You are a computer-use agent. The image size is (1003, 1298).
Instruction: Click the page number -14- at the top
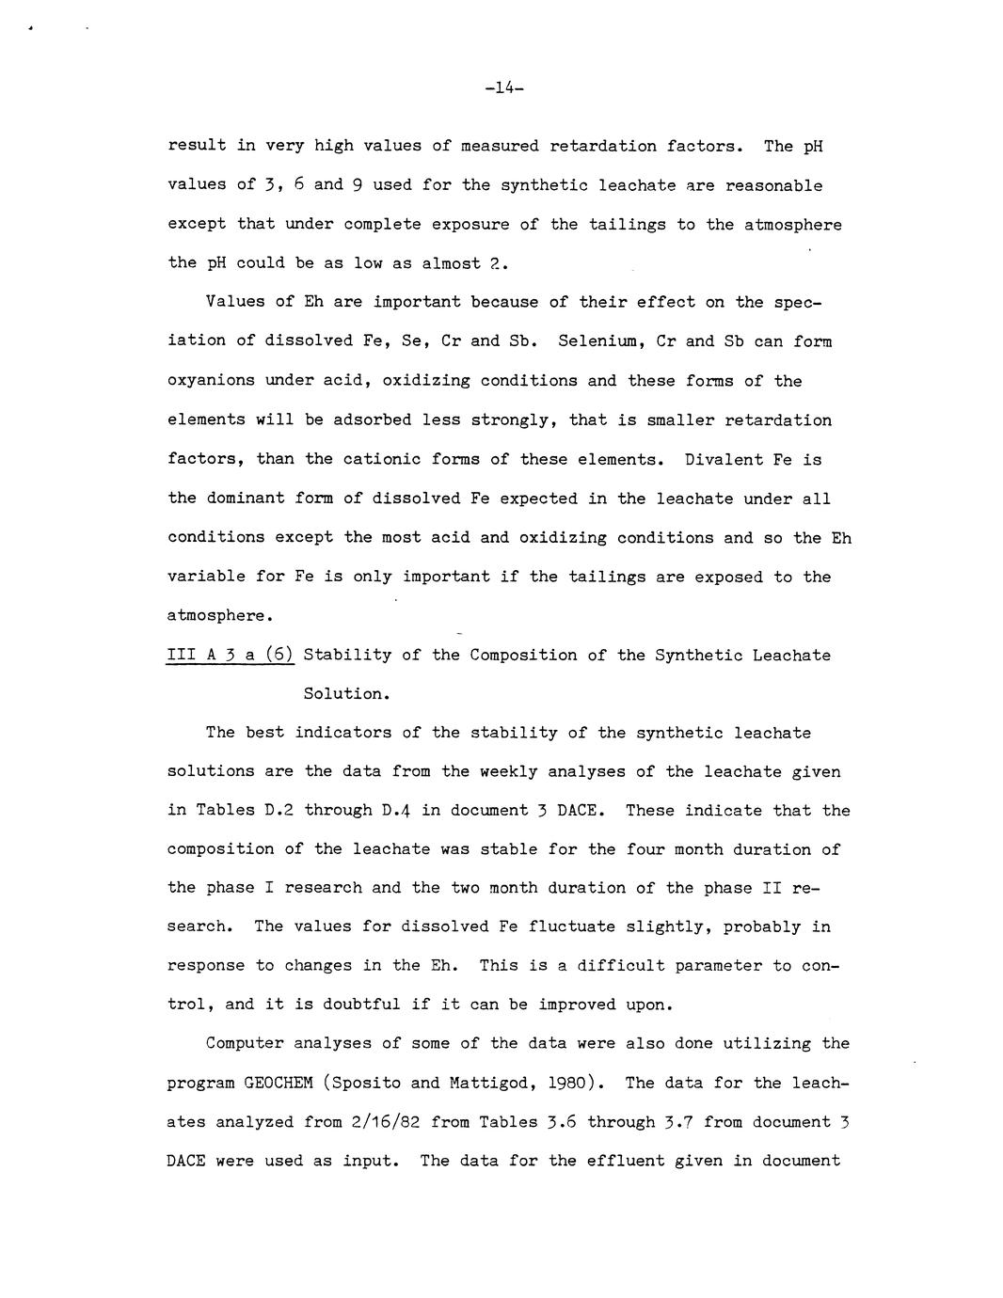504,88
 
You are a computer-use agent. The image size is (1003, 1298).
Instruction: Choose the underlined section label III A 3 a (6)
231,655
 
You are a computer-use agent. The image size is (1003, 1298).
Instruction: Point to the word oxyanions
211,381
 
